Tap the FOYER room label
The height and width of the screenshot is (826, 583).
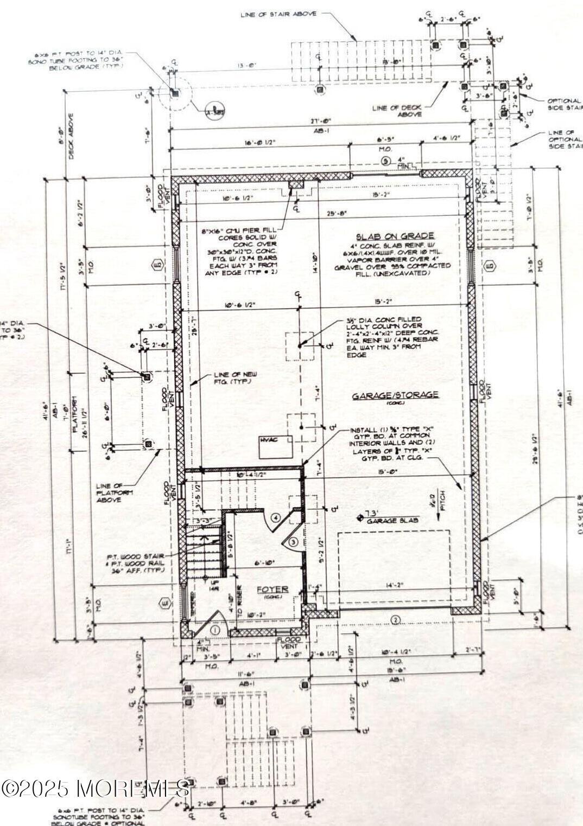[272, 589]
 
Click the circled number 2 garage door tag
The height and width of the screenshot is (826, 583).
[395, 620]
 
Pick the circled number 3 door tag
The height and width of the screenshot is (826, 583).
[293, 541]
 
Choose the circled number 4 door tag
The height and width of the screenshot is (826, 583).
[276, 518]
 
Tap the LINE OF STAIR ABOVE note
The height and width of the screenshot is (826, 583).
[278, 14]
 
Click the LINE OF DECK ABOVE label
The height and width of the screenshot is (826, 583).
[396, 111]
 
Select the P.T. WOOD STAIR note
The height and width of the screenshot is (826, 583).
[136, 556]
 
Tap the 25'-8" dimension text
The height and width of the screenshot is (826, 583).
[337, 213]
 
